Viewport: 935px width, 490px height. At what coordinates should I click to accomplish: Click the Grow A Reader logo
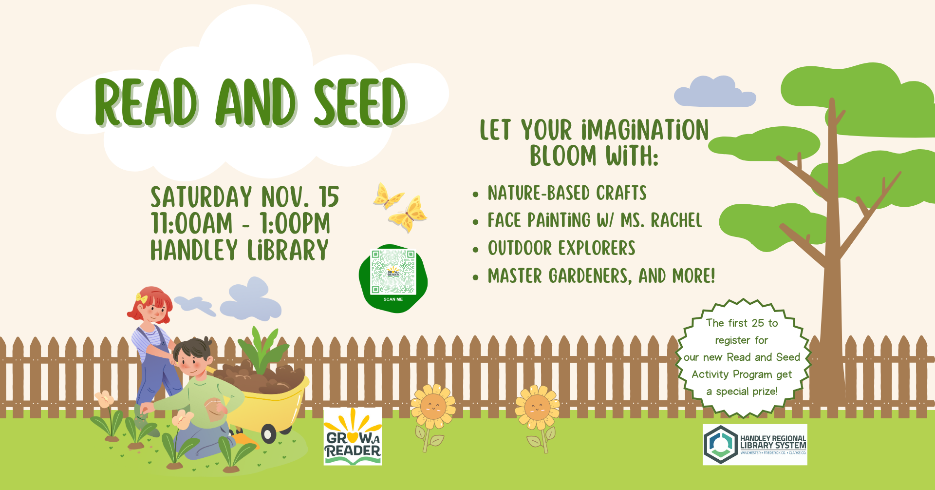(353, 436)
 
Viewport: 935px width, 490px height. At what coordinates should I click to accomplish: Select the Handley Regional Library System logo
(755, 444)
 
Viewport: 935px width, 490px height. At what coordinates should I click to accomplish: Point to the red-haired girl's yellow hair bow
(141, 298)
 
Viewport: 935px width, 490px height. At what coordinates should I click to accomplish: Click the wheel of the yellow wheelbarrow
(268, 433)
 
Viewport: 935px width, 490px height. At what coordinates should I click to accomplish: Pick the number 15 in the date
(329, 197)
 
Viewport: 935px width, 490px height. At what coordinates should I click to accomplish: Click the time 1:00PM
(295, 224)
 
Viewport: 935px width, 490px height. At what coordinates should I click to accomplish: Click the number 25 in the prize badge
(758, 323)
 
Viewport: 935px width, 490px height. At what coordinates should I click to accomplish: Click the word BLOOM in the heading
(563, 156)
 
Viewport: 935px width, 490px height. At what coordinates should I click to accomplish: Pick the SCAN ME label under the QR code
(393, 299)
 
